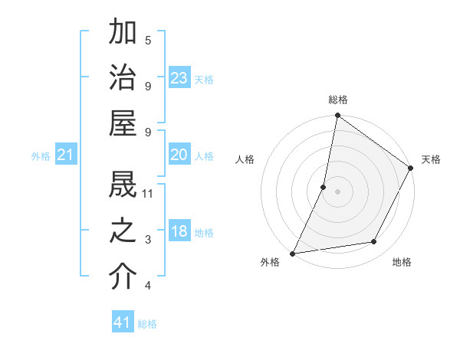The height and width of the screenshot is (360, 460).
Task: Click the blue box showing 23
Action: tap(179, 78)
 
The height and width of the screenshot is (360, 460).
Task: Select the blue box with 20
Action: tap(179, 155)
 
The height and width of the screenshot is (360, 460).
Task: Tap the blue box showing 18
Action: tap(179, 232)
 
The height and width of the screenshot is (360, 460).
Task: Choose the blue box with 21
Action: tap(66, 155)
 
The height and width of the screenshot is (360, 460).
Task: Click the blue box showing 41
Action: tap(123, 322)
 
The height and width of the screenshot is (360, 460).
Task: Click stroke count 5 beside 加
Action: tap(148, 39)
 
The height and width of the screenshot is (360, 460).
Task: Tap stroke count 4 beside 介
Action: tap(148, 286)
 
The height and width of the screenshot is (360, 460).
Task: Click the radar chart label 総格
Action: tap(338, 100)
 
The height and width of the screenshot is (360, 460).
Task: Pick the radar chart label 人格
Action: tap(245, 159)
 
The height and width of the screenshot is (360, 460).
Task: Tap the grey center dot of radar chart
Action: tap(338, 191)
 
